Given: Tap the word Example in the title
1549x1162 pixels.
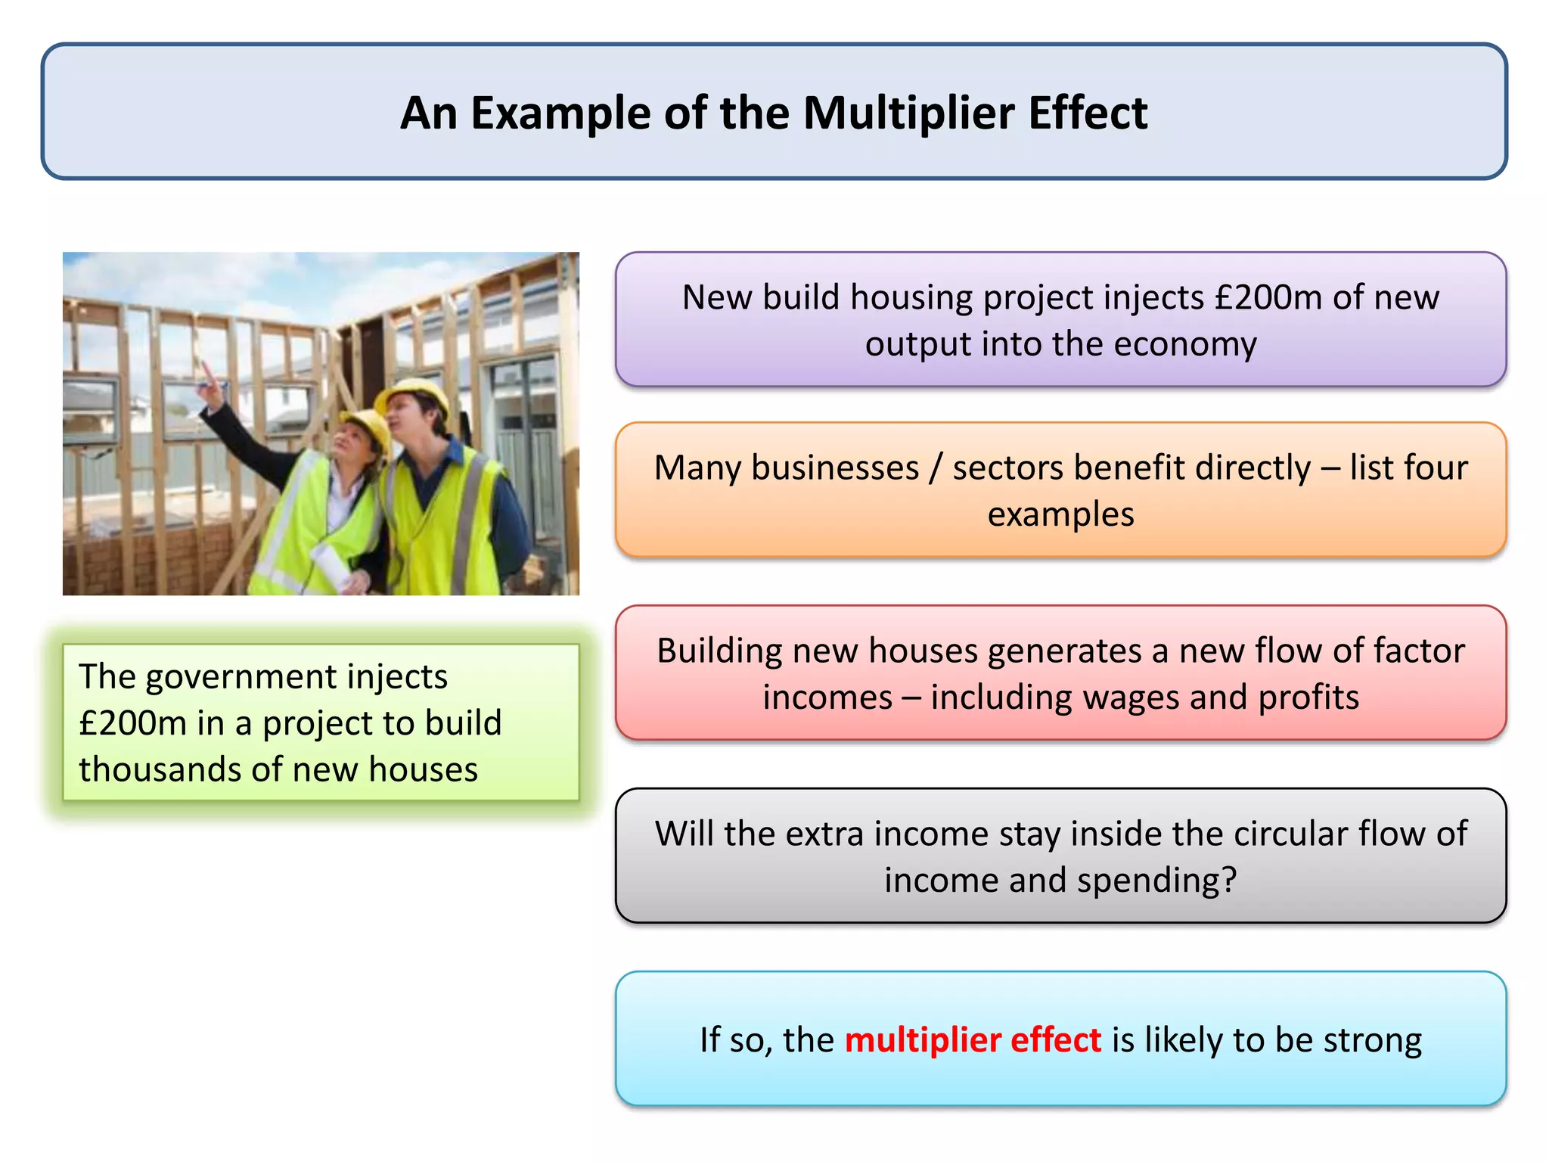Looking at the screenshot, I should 560,113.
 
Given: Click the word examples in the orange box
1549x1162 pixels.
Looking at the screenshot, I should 1060,514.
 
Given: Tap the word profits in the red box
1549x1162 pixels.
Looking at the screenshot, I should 1308,698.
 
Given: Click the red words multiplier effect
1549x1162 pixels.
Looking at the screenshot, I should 973,1040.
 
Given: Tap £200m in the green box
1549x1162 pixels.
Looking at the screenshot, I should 133,723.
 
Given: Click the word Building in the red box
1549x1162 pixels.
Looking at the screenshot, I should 719,651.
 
